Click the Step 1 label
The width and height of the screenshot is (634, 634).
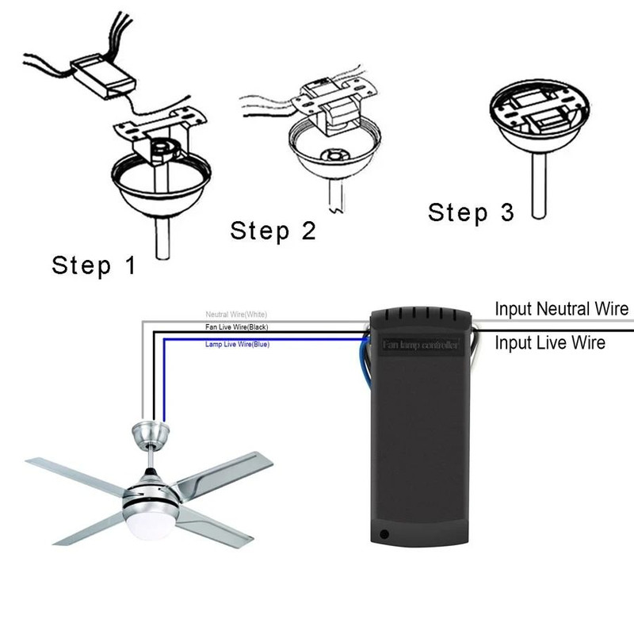coord(94,265)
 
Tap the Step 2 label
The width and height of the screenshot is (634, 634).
coord(273,231)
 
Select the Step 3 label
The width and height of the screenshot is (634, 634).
coord(471,212)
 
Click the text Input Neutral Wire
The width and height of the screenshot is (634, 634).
coord(561,308)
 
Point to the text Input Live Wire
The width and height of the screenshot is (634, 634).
coord(550,342)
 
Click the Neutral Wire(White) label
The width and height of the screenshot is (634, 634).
coord(237,315)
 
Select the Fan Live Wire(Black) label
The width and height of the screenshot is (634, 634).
coord(237,327)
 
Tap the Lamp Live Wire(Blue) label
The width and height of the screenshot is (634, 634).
coord(236,345)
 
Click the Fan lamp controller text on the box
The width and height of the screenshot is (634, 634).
coord(421,346)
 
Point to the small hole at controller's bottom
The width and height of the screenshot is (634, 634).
coord(386,535)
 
